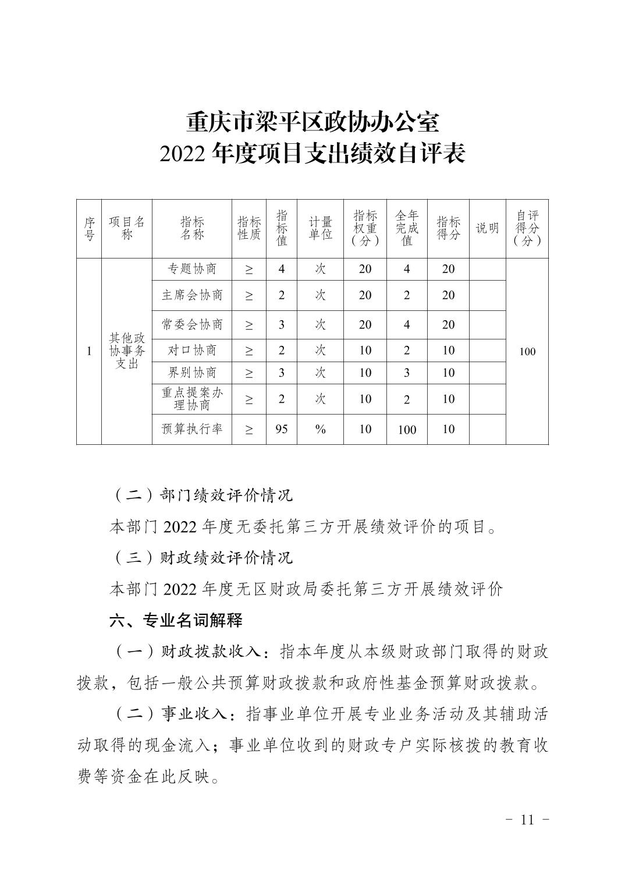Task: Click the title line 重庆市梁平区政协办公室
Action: click(x=312, y=123)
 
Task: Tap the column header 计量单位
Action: click(x=320, y=228)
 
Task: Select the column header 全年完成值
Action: click(x=407, y=228)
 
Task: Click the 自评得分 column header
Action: click(x=527, y=228)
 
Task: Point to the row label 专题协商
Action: click(x=192, y=269)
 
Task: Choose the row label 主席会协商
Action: click(x=192, y=295)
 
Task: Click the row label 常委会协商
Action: click(x=192, y=324)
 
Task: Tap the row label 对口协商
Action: click(x=192, y=350)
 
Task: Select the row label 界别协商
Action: click(x=192, y=373)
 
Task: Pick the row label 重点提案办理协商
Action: click(x=192, y=399)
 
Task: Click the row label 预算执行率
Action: click(x=192, y=429)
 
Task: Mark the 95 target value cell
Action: click(x=282, y=429)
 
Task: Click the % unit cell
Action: click(x=320, y=429)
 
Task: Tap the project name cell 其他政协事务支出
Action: click(x=127, y=351)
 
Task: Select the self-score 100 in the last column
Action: click(x=527, y=352)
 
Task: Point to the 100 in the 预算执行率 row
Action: click(x=407, y=430)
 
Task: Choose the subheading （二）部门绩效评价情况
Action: click(x=201, y=495)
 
